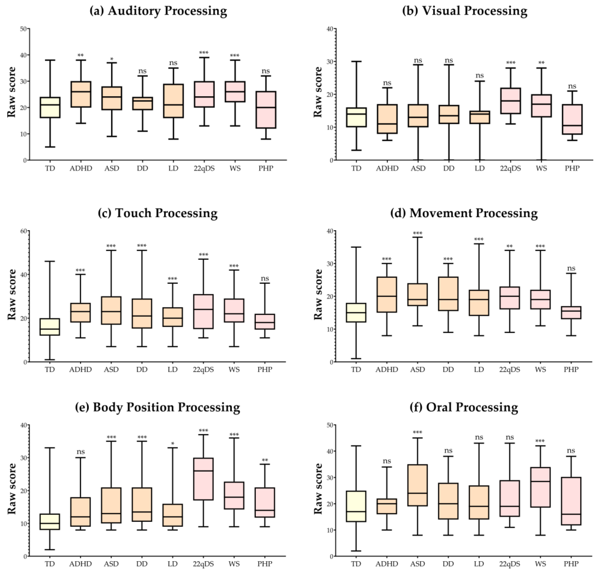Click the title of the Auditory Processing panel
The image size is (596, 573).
pos(158,11)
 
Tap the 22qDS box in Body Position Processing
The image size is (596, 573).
pos(203,479)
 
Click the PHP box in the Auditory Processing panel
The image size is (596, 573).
pos(266,110)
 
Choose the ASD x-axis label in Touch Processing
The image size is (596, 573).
pos(111,370)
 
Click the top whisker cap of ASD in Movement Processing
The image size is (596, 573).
pos(417,237)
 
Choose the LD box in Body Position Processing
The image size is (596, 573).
pos(173,515)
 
